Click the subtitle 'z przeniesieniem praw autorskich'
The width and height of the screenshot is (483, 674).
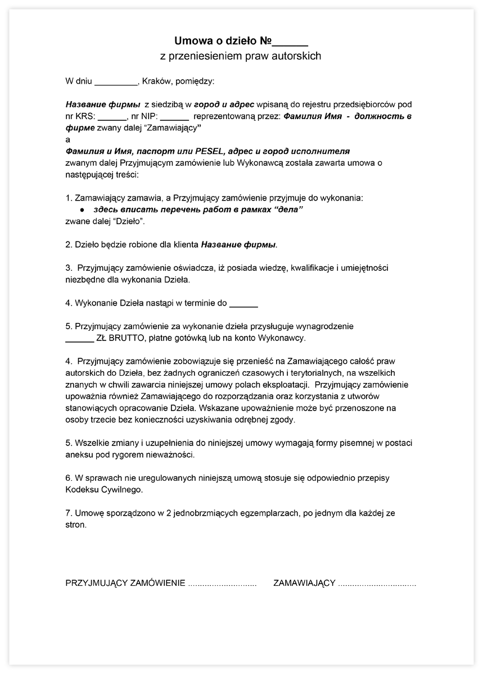pos(241,56)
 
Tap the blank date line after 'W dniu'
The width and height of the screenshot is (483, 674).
pos(116,81)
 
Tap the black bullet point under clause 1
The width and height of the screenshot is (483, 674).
pos(82,210)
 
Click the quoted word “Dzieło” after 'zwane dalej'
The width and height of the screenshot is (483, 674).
pos(130,221)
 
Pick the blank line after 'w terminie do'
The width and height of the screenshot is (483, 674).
pos(244,303)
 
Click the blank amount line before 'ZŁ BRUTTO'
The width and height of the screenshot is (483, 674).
pos(79,338)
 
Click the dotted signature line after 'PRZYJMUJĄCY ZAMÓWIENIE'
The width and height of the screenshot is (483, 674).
pos(222,584)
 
